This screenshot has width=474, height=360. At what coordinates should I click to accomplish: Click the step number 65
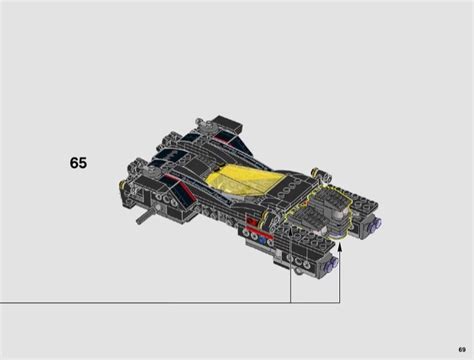pyautogui.click(x=78, y=163)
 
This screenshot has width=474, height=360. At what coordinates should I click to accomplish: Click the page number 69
pyautogui.click(x=462, y=350)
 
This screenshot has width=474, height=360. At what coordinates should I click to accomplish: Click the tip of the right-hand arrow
pyautogui.click(x=340, y=244)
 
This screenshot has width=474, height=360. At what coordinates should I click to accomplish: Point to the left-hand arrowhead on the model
pyautogui.click(x=290, y=229)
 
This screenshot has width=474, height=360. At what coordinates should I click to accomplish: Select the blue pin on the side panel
pyautogui.click(x=262, y=239)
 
